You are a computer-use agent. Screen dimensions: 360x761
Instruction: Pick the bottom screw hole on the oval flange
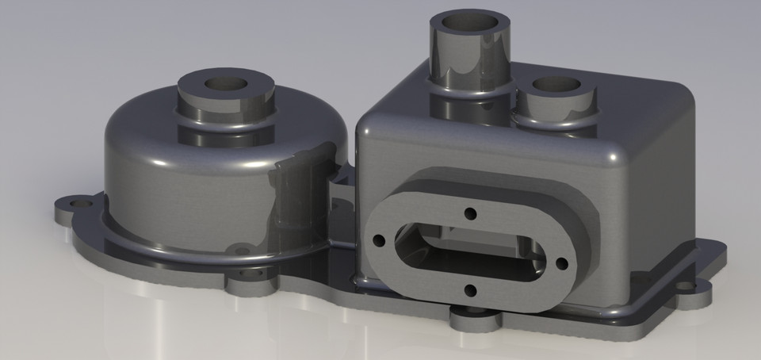point(470,291)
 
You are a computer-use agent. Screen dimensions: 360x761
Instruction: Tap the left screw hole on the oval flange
point(379,239)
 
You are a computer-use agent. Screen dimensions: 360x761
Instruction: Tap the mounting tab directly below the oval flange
point(476,318)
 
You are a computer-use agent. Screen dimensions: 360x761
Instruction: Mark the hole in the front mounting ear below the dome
point(252,272)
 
